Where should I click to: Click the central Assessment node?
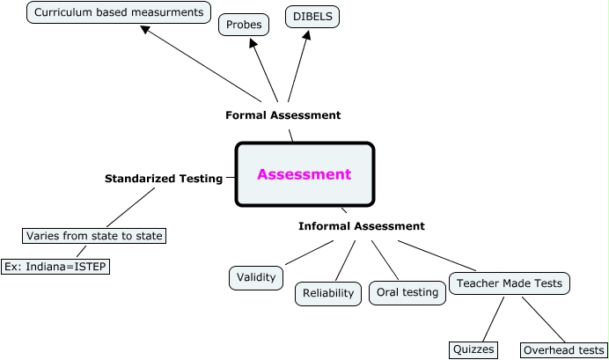click(x=304, y=174)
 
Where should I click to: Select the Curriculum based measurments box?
click(x=118, y=12)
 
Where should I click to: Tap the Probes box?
click(x=244, y=25)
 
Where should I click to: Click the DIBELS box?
click(x=312, y=16)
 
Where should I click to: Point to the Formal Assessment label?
click(x=282, y=115)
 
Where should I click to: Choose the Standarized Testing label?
click(x=164, y=178)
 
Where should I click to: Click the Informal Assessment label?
click(x=361, y=226)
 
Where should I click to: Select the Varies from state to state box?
click(x=94, y=236)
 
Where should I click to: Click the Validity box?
click(x=257, y=277)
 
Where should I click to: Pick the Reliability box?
click(x=327, y=293)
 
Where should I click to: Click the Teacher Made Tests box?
click(x=510, y=283)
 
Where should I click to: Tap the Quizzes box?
click(x=474, y=349)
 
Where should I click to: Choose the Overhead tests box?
click(x=563, y=350)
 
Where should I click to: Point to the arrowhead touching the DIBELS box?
click(x=308, y=36)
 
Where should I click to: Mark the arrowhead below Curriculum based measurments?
click(x=145, y=30)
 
